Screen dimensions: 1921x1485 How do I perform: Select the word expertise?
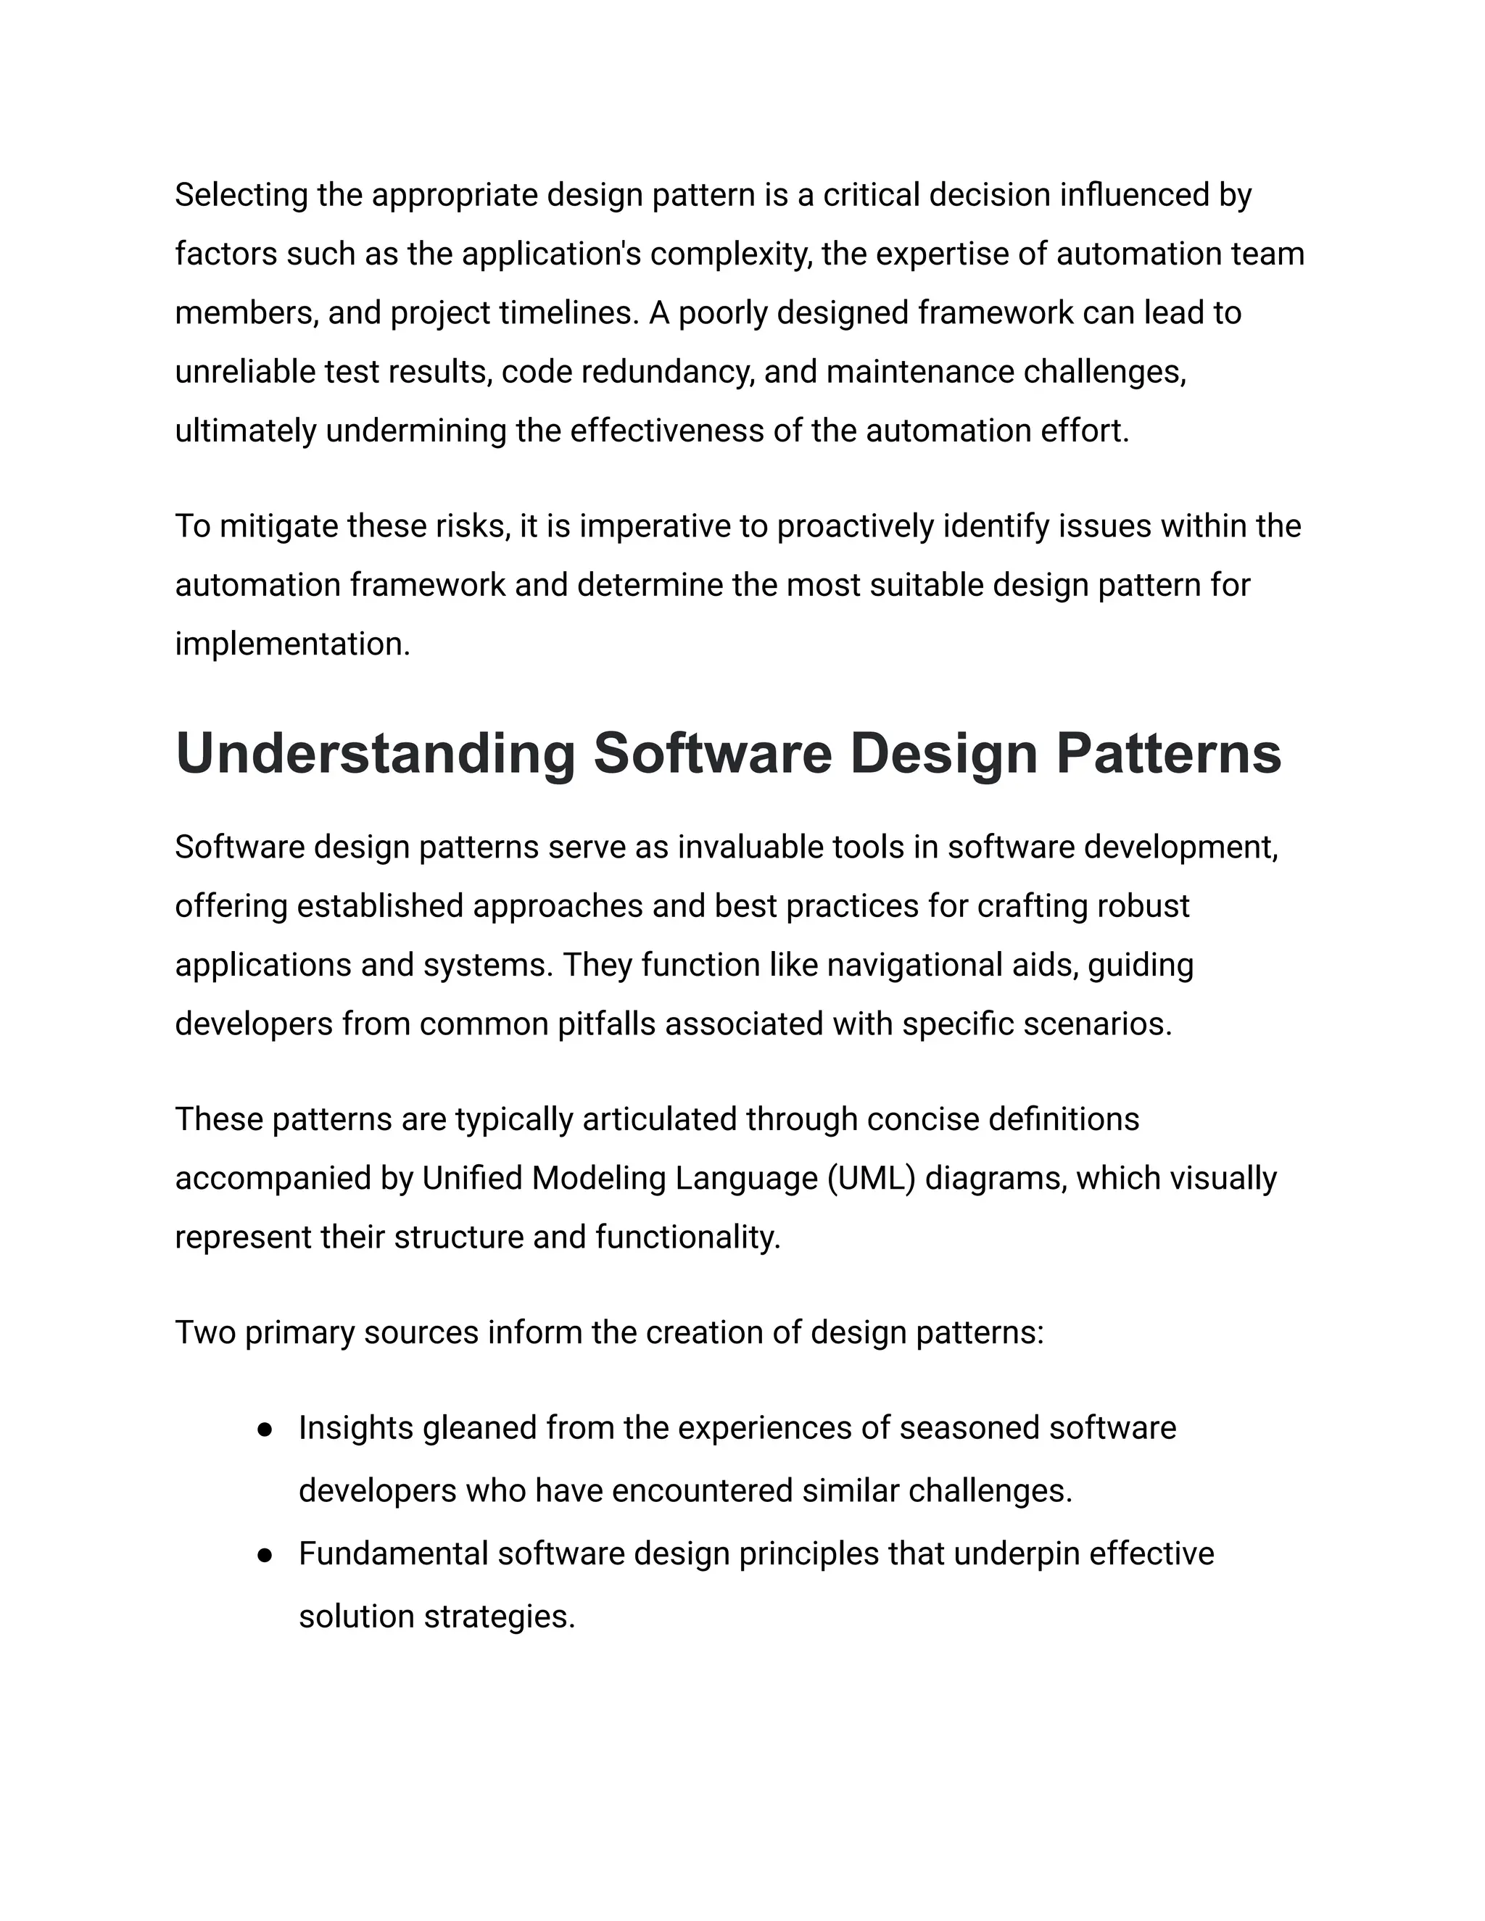(x=942, y=254)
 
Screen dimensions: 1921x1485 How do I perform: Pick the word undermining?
(x=415, y=431)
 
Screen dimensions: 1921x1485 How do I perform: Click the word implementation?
(x=292, y=644)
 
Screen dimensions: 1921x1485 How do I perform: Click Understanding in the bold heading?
(x=375, y=754)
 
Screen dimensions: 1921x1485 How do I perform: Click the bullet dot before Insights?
(x=264, y=1430)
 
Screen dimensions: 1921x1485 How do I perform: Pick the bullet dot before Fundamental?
(x=264, y=1556)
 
